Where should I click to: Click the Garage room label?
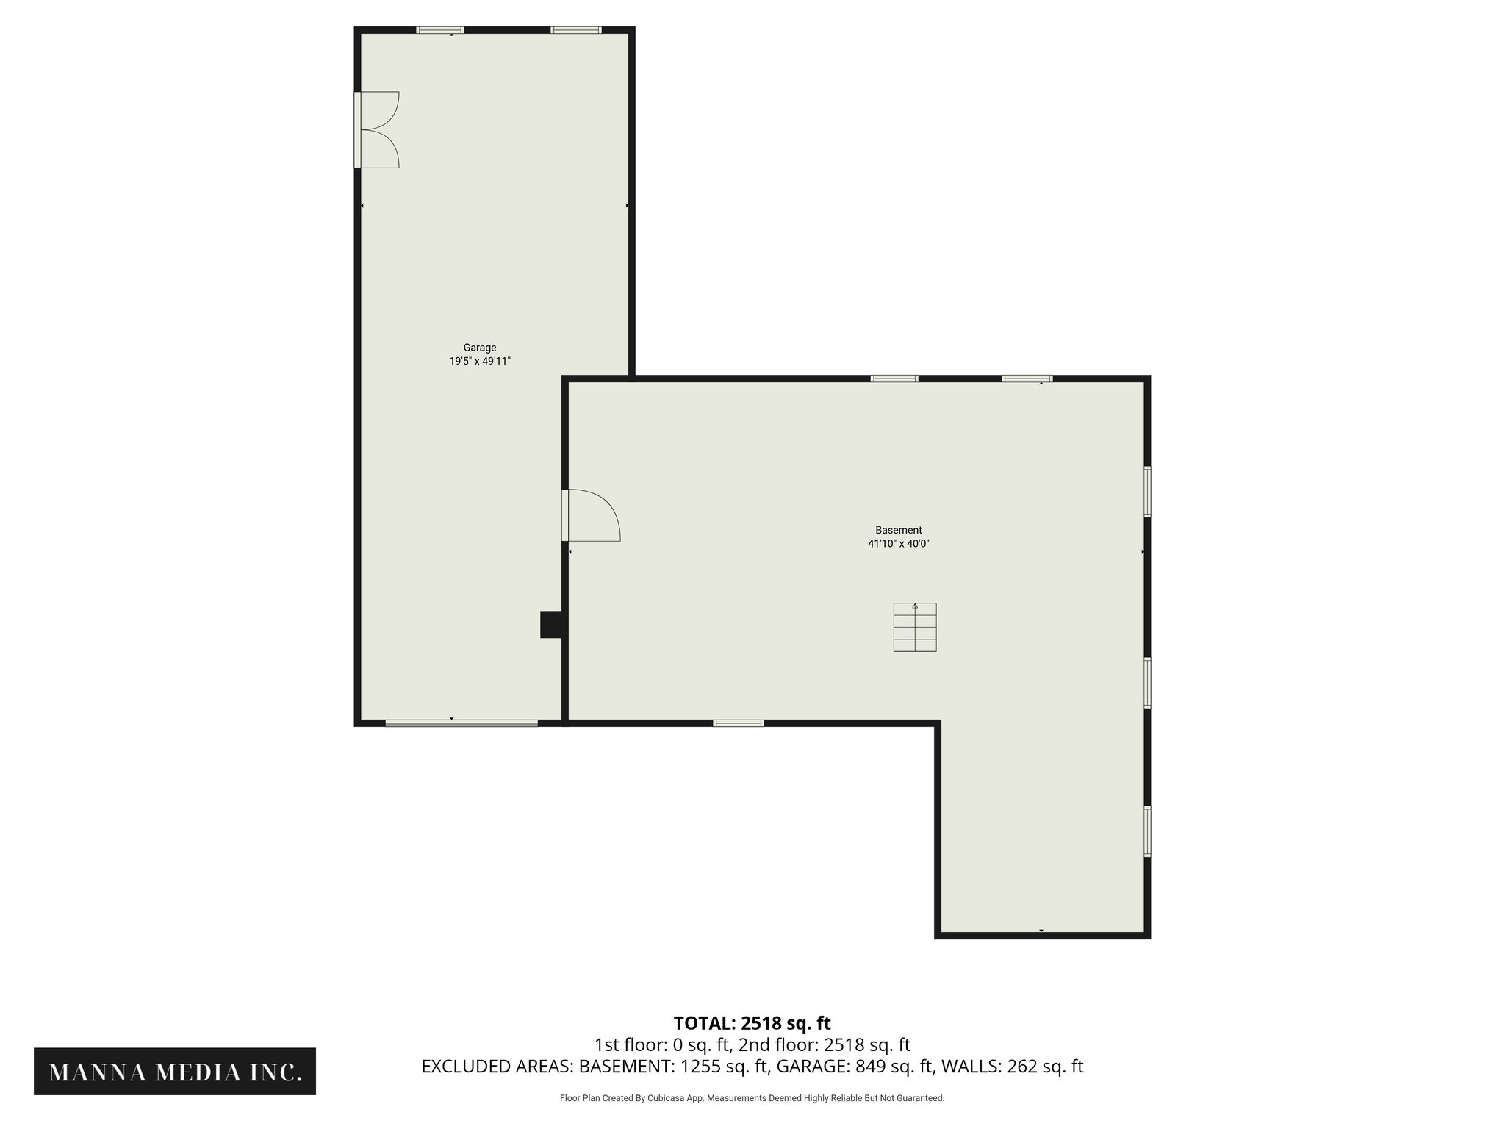pos(479,348)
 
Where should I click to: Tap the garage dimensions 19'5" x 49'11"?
pos(480,361)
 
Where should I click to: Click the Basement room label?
pos(898,530)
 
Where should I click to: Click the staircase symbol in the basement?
pos(915,627)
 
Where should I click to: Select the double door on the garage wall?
pos(376,129)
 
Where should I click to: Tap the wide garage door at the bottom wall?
pos(461,724)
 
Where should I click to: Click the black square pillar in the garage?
pos(550,624)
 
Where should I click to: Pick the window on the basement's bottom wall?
pos(739,723)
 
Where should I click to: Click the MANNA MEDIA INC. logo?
pos(175,1072)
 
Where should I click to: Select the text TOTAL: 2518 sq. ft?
pos(752,1023)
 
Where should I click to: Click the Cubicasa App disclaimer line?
pos(752,1098)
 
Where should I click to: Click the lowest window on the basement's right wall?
pos(1147,831)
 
